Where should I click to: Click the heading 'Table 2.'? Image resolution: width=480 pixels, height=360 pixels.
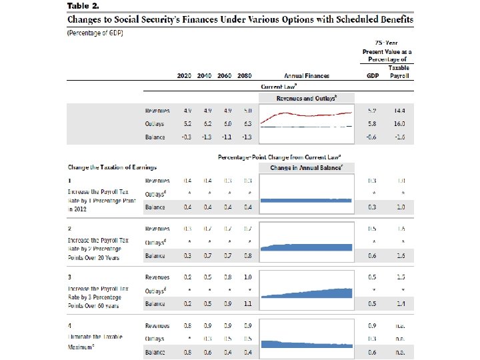[83, 5]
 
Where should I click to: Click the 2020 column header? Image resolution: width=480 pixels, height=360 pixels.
[184, 76]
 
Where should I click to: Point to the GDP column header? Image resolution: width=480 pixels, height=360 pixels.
[373, 76]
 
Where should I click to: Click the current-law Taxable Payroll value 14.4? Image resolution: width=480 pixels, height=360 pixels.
[401, 111]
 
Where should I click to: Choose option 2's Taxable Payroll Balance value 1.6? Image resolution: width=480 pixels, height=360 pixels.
[401, 255]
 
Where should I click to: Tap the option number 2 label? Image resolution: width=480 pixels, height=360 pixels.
[70, 228]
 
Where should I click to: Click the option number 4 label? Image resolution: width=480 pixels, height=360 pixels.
[70, 326]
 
